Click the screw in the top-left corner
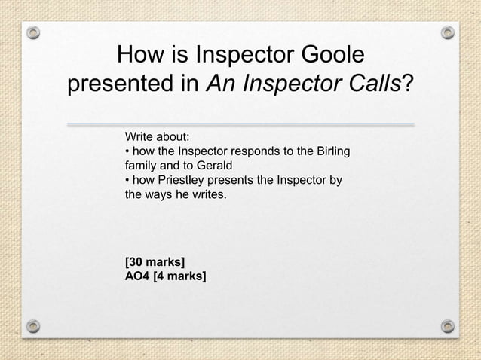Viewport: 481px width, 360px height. (33, 33)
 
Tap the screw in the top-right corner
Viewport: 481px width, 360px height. (448, 32)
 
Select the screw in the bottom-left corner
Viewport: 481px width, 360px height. (33, 326)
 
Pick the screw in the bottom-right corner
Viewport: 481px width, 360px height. (448, 326)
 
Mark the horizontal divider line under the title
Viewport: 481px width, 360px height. (240, 124)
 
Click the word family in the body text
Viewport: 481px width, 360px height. (140, 166)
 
